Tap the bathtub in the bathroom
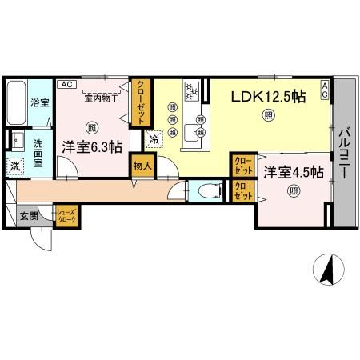(18, 102)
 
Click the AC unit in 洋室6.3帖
(66, 83)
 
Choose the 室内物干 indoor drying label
(100, 98)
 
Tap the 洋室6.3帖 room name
(92, 146)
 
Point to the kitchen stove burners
(192, 91)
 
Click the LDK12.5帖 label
(268, 97)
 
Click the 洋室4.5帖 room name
(294, 172)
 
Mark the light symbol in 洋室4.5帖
(294, 191)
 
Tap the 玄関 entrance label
(29, 215)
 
